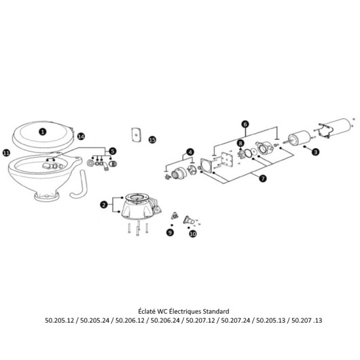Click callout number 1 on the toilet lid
[x=43, y=132]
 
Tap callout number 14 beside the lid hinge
[x=81, y=137]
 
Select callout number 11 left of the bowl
[x=6, y=153]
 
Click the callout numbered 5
[x=112, y=151]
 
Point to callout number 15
[x=152, y=140]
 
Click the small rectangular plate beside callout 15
[x=136, y=135]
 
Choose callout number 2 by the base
[x=104, y=204]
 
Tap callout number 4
[x=190, y=152]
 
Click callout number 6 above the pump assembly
[x=245, y=124]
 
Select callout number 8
[x=240, y=143]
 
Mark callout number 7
[x=263, y=179]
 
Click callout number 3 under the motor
[x=316, y=151]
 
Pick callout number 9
[x=170, y=232]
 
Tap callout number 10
[x=193, y=234]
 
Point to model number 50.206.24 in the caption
[x=165, y=320]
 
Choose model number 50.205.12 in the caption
[x=60, y=320]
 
